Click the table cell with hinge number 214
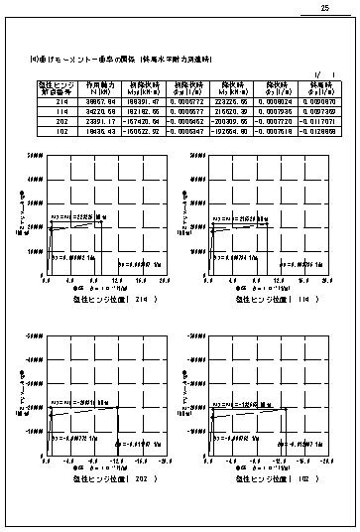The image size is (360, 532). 60,101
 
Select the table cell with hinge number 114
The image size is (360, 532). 60,111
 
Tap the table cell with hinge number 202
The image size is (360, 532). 60,120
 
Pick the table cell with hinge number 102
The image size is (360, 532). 60,129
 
